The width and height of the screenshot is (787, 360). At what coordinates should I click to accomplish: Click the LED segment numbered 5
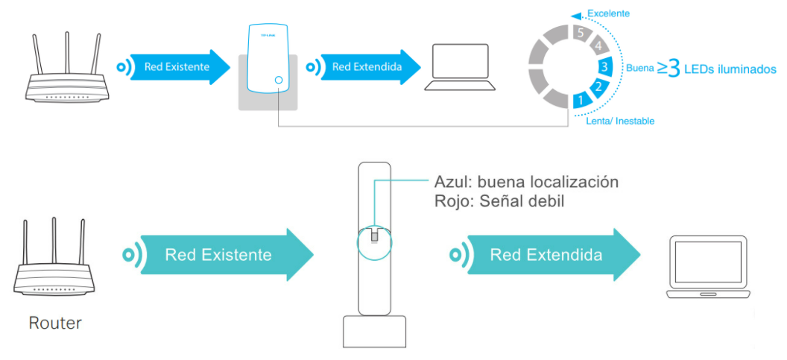pos(581,34)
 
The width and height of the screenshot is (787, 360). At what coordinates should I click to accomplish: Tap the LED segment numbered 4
pos(598,46)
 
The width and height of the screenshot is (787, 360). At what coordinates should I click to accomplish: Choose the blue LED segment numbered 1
pos(581,100)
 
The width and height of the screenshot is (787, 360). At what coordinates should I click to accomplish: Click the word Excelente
pos(608,13)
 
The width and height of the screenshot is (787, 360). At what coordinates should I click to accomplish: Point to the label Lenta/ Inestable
pos(620,121)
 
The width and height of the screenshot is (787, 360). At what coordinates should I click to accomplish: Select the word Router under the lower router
pos(55,323)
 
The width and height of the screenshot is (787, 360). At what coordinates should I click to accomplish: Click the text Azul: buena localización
pos(526,182)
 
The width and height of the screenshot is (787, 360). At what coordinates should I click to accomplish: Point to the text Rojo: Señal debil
pos(499,201)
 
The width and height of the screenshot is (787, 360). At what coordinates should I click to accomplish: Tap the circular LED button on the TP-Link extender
pos(279,80)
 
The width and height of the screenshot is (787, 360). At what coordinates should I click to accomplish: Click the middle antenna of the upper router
pos(67,54)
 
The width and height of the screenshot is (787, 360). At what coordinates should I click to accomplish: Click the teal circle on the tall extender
pos(374,242)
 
